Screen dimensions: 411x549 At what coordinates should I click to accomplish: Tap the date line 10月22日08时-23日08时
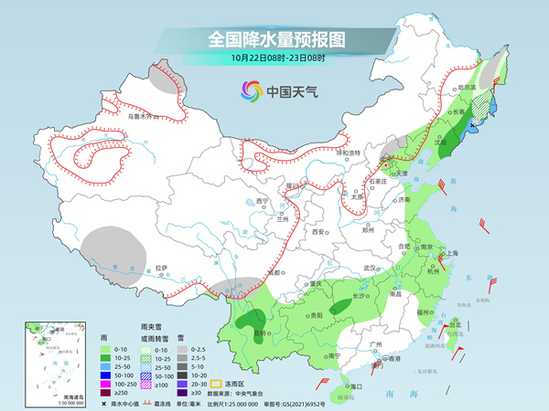pos(274,59)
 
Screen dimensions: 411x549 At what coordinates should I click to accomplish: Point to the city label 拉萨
pos(162,268)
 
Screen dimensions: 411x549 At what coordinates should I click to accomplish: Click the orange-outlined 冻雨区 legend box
pos(218,383)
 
